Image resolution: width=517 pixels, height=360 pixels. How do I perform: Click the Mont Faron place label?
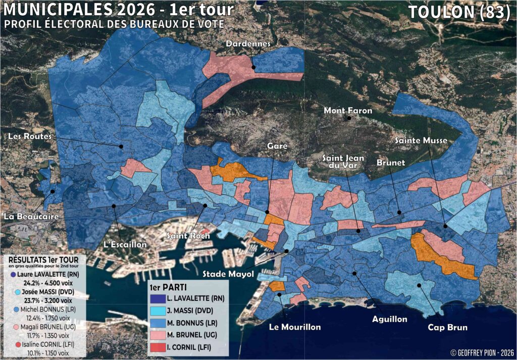click(348, 111)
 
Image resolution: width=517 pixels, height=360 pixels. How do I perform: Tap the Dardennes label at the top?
click(248, 44)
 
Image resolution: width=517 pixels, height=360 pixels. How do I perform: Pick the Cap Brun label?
click(447, 327)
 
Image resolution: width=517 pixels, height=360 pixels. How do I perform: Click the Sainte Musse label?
click(421, 140)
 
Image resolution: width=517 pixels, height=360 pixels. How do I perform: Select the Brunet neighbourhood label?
click(390, 163)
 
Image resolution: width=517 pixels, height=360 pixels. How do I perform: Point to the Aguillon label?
click(390, 319)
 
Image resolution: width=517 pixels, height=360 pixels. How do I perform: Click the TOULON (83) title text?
click(459, 12)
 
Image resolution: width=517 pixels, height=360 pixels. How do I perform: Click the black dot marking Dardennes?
click(254, 67)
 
